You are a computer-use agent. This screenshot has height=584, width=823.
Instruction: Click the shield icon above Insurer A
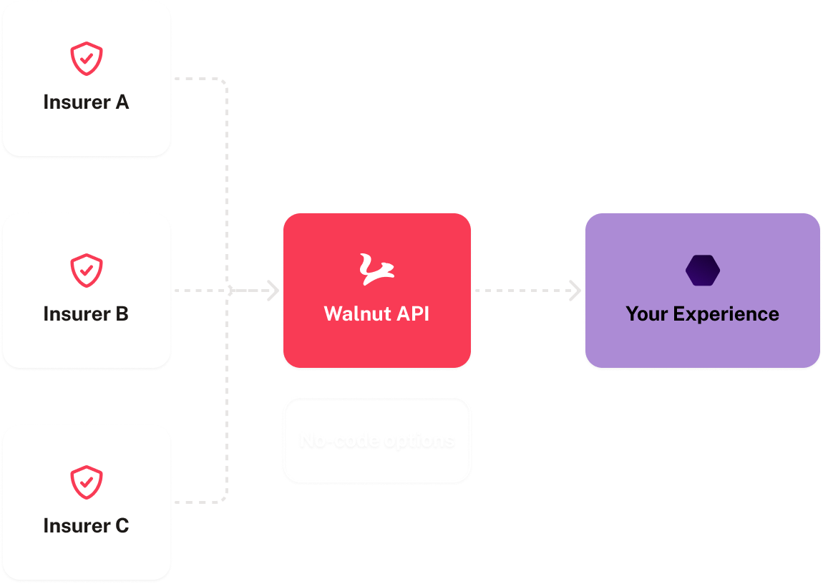(86, 59)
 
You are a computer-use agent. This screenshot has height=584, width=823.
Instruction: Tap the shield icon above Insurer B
(86, 271)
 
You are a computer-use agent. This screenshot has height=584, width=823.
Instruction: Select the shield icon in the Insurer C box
(86, 482)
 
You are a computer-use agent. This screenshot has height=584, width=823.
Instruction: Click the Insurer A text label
(86, 102)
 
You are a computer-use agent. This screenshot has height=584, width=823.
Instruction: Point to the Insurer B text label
(86, 314)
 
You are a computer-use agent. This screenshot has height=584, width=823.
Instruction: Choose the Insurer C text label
(86, 526)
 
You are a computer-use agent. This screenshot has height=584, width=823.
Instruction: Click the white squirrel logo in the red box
(376, 270)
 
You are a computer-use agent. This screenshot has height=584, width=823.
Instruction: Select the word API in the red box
(412, 314)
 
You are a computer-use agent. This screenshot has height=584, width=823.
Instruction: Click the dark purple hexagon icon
(702, 271)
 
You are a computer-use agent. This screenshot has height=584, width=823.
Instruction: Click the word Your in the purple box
(646, 314)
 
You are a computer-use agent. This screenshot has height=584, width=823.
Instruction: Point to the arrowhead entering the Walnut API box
(273, 291)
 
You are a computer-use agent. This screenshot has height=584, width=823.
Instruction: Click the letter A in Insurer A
(122, 102)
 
